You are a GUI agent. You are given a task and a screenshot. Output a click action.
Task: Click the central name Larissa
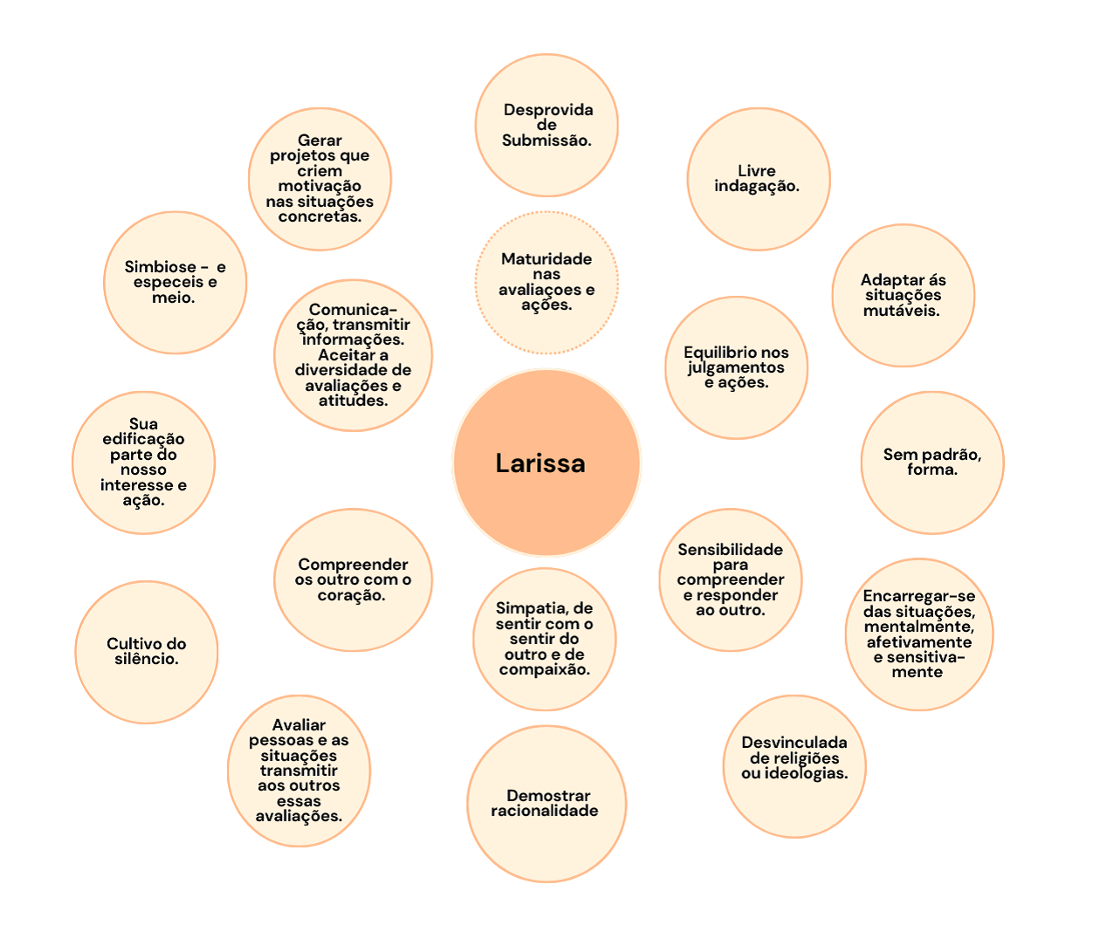540,463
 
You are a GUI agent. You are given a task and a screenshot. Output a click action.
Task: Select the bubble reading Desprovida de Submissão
546,125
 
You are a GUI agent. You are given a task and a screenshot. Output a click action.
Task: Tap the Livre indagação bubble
758,179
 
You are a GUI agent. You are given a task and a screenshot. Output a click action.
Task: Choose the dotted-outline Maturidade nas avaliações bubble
546,282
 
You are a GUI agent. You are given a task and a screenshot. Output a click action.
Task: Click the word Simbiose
160,267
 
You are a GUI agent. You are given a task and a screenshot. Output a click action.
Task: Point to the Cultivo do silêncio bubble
147,652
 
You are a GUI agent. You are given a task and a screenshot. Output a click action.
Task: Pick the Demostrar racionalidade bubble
546,803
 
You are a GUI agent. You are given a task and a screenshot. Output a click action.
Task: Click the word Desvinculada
794,743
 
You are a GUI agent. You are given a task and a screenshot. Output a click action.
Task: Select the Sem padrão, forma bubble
931,462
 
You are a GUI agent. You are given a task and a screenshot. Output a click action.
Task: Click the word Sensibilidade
731,550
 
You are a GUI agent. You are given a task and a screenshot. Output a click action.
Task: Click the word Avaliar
299,725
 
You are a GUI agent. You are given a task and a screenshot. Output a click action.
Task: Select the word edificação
143,439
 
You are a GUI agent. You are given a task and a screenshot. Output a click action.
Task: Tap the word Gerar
320,141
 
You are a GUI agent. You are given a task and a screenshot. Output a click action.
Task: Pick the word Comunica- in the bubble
353,310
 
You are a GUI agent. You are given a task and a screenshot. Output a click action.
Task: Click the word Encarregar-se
919,596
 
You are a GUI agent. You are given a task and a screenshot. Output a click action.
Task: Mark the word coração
351,595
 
